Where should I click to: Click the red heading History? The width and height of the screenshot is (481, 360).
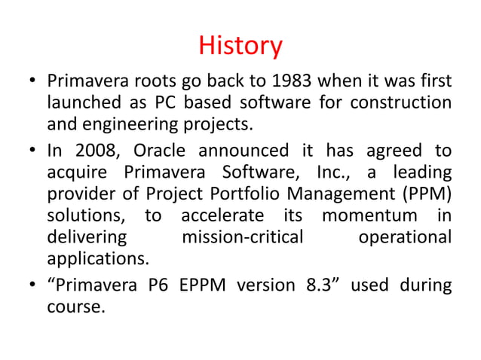pyautogui.click(x=240, y=47)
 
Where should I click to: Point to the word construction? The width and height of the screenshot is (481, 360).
pyautogui.click(x=404, y=102)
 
